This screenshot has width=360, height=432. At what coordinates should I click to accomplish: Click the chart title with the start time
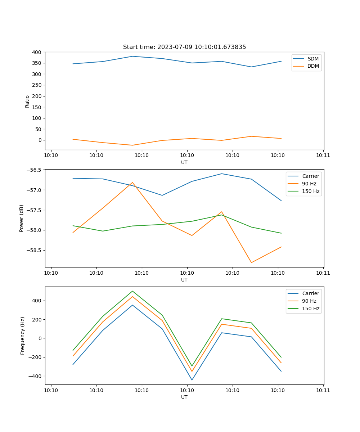coord(184,47)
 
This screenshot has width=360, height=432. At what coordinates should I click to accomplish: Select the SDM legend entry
coord(313,59)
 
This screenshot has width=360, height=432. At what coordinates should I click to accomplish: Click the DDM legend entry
coord(313,66)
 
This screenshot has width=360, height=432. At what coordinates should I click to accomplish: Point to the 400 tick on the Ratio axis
coord(37,52)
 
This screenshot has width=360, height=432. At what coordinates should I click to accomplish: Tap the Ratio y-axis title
coord(27,101)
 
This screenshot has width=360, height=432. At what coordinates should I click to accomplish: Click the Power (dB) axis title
coord(22,218)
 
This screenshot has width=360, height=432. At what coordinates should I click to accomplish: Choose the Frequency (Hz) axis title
coord(23,336)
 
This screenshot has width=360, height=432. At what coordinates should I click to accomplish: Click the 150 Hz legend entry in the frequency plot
coord(311,309)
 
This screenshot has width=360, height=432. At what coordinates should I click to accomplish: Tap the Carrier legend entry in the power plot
coord(311,176)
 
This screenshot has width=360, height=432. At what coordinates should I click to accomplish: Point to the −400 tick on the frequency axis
coord(35,376)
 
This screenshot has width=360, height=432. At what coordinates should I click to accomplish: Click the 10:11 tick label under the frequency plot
coord(323,390)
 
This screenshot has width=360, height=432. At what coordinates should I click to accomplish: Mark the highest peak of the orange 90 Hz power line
coord(132,183)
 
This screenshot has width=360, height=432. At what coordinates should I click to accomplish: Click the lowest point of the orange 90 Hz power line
coord(251,262)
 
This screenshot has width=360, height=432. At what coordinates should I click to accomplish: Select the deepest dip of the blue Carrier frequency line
coord(192,380)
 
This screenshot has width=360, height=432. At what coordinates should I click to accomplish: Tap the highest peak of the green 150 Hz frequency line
coord(132,291)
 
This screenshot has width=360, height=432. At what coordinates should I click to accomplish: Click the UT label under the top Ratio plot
coord(184,162)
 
